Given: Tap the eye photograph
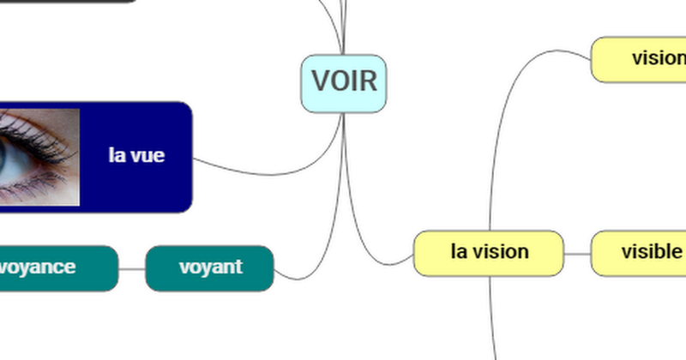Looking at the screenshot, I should [x=39, y=157].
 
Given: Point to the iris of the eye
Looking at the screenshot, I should [x=10, y=159].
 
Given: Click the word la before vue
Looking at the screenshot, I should [x=117, y=156].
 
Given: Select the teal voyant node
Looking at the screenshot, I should [x=210, y=267].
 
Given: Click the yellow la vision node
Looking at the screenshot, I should [x=489, y=253].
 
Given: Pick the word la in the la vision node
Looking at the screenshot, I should [x=460, y=253].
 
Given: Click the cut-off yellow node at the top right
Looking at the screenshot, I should [x=643, y=59].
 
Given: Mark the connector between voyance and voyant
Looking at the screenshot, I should [x=131, y=268].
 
